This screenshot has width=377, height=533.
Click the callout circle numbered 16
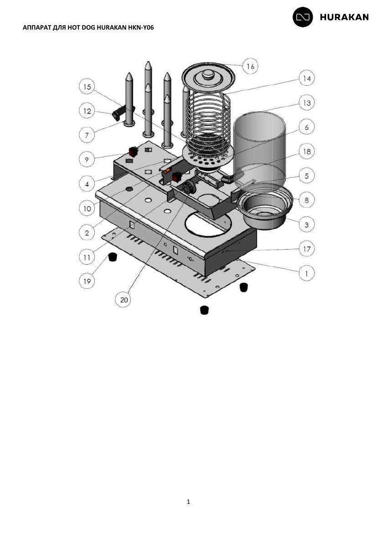tap(250, 67)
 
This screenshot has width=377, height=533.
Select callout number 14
tap(306, 78)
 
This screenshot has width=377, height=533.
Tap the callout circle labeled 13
tap(306, 102)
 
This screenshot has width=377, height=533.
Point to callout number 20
tap(124, 300)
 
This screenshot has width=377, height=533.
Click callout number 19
tap(87, 281)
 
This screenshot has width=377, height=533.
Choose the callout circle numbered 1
tap(306, 273)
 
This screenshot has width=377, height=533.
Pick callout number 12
tap(87, 111)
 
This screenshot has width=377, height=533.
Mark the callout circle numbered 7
tap(87, 135)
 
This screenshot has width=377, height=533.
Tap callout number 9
tap(87, 159)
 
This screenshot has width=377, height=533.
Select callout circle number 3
tap(306, 224)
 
